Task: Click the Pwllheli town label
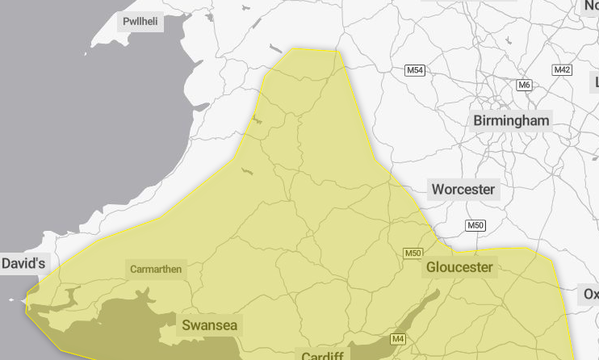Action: tap(140, 22)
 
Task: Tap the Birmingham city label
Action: tap(511, 121)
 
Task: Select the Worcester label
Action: tap(463, 190)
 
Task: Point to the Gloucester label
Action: tap(459, 267)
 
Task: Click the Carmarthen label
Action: tap(157, 269)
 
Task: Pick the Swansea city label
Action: tap(209, 325)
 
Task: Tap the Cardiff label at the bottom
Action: tap(323, 356)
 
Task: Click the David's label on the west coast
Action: tap(25, 263)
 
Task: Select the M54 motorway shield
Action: tap(415, 71)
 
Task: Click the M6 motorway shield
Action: tap(525, 85)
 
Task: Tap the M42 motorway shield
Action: tap(562, 70)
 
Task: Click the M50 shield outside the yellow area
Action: tap(475, 225)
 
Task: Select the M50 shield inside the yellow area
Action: tap(413, 253)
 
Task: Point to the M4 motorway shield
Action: tap(398, 339)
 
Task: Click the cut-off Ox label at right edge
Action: tap(591, 295)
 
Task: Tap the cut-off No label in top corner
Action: tap(591, 5)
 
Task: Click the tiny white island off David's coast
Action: tap(12, 300)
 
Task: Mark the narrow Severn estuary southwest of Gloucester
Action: tap(420, 310)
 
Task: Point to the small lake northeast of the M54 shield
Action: tap(507, 40)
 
